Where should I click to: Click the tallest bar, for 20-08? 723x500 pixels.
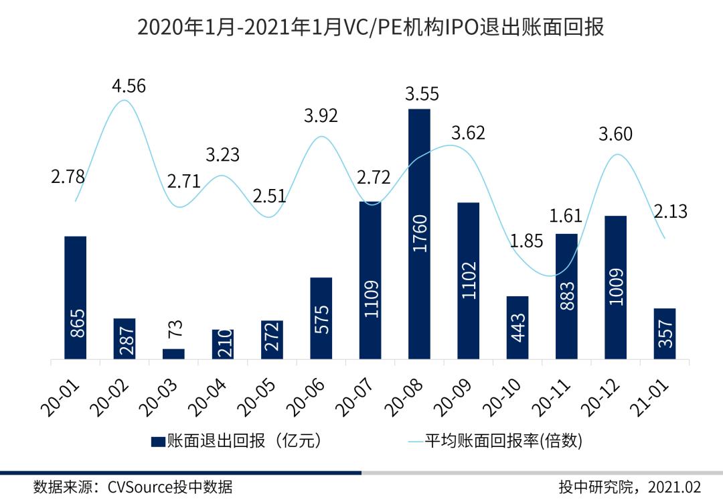pos(419,235)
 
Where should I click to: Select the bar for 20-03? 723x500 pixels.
pos(173,354)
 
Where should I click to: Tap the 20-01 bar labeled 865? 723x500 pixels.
pos(76,298)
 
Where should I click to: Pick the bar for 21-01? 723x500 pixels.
pos(665,334)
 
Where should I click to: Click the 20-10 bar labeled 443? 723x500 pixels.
pos(517,328)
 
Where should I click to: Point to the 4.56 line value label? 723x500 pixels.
pos(129,86)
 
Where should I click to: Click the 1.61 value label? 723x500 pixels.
pos(566,216)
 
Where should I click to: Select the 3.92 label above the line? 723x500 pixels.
pos(321,115)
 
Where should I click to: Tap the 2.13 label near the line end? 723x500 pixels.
pos(670,212)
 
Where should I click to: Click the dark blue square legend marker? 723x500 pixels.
pos(158,441)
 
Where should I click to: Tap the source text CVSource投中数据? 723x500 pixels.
pos(170,487)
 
